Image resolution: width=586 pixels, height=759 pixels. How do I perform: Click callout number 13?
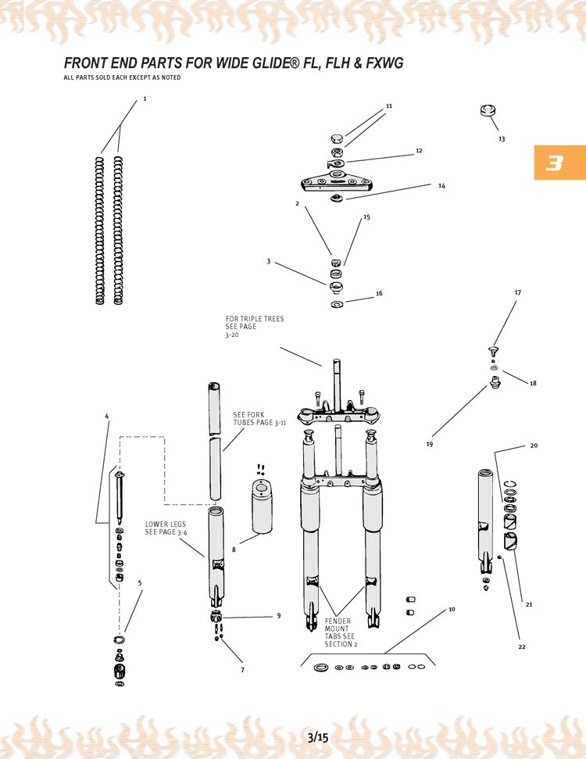(502, 138)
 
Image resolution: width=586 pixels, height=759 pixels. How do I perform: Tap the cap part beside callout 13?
(489, 111)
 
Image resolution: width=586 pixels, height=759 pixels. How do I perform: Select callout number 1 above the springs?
(145, 99)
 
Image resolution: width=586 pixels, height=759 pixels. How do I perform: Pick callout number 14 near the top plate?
(441, 186)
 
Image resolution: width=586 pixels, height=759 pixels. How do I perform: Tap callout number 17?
(517, 292)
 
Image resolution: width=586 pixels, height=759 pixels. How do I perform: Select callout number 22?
(522, 647)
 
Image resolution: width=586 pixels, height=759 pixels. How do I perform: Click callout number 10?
(452, 609)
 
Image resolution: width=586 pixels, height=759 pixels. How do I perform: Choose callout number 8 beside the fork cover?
(234, 550)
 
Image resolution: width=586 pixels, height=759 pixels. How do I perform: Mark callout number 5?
(140, 582)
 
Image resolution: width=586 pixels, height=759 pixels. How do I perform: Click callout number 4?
(106, 415)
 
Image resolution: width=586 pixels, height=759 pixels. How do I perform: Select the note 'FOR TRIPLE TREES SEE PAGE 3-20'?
(254, 327)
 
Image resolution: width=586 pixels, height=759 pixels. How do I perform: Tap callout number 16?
(379, 294)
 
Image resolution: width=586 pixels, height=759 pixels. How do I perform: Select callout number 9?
(278, 616)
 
